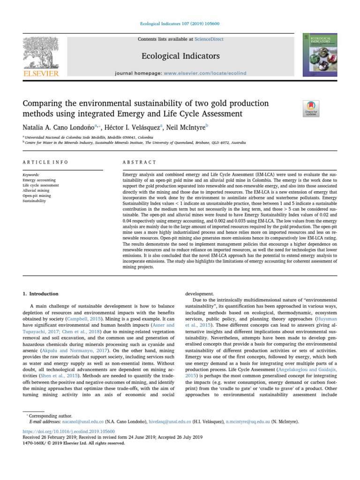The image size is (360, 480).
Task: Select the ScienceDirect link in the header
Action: [193, 39]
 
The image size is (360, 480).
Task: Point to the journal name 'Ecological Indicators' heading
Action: [180, 56]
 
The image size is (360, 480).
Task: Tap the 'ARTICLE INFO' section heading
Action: [45, 162]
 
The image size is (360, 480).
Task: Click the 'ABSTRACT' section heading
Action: [139, 162]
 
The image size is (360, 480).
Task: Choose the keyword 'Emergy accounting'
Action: [39, 180]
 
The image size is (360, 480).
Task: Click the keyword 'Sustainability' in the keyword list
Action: [35, 201]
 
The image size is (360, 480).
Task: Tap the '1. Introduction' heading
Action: [41, 294]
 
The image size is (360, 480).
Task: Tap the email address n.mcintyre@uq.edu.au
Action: [258, 422]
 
